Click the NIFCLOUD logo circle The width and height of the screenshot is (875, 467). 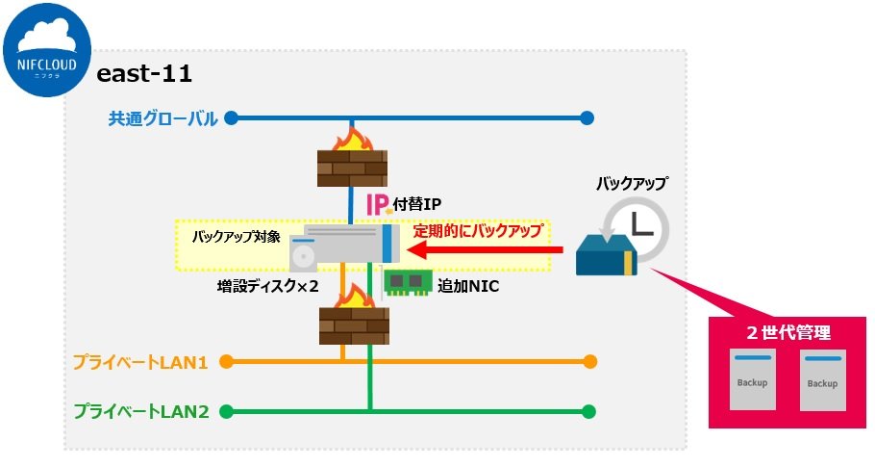click(47, 48)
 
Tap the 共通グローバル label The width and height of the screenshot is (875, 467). click(162, 118)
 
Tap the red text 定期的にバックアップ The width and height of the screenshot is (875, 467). click(478, 231)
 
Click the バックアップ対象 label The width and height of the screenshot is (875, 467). click(236, 236)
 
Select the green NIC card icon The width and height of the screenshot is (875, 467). click(406, 283)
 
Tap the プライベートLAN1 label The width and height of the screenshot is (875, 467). click(140, 363)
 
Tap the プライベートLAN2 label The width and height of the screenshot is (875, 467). click(140, 412)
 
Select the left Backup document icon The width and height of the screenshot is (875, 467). click(752, 380)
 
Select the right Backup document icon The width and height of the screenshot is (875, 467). click(822, 380)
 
